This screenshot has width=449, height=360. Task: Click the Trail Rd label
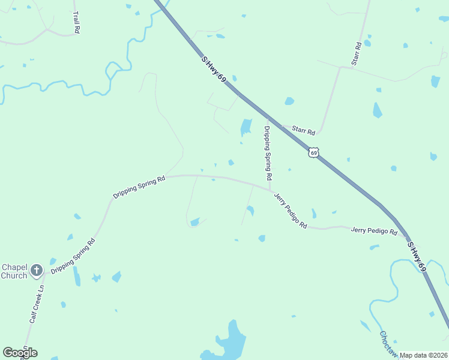76,22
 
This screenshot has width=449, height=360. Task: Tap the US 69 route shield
313,152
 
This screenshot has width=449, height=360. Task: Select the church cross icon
36,271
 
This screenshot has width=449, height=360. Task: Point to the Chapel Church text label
14,271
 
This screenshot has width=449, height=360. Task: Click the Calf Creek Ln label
37,304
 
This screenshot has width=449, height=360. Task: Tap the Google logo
20,352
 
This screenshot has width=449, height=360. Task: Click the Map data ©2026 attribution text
424,355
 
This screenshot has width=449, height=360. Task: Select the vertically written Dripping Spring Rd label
268,154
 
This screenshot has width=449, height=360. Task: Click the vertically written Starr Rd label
357,53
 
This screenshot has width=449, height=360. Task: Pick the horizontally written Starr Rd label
303,130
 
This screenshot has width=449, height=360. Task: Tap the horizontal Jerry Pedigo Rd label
374,230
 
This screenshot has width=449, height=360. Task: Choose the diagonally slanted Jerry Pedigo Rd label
291,210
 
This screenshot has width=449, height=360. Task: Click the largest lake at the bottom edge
230,343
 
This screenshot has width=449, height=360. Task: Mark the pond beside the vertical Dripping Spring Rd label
246,127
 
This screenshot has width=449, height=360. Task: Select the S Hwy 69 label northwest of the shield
214,70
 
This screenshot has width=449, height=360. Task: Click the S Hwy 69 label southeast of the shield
417,257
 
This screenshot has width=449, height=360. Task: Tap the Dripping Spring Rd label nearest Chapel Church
73,257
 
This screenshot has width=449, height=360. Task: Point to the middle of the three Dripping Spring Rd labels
139,187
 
